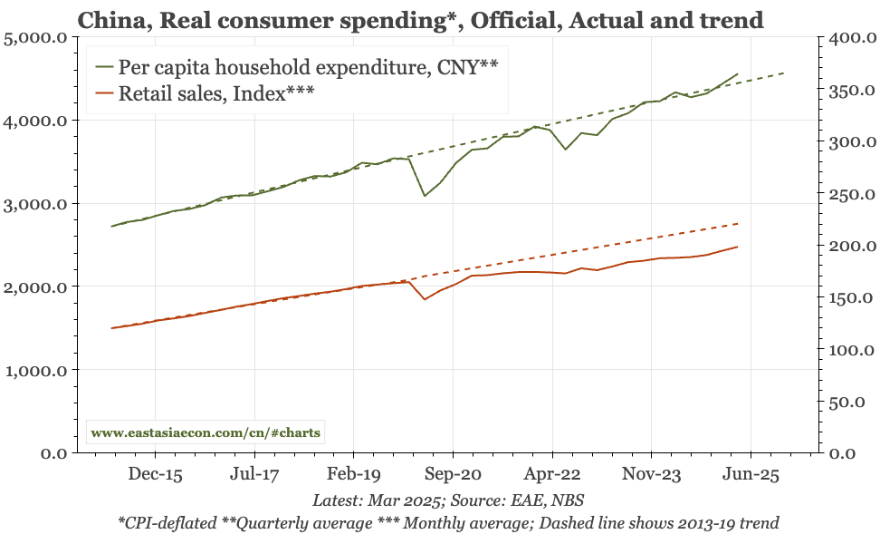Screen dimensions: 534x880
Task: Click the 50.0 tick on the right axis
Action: (x=855, y=402)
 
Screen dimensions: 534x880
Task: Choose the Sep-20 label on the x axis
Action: (x=453, y=473)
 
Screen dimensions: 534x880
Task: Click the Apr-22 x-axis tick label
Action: (x=552, y=473)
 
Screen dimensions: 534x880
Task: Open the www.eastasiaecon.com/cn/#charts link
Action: (x=206, y=432)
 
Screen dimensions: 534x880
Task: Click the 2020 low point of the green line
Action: (x=424, y=196)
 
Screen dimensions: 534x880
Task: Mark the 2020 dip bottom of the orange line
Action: (x=424, y=299)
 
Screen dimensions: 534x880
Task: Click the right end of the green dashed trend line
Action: (x=784, y=73)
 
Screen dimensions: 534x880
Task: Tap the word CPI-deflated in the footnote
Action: (x=166, y=522)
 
